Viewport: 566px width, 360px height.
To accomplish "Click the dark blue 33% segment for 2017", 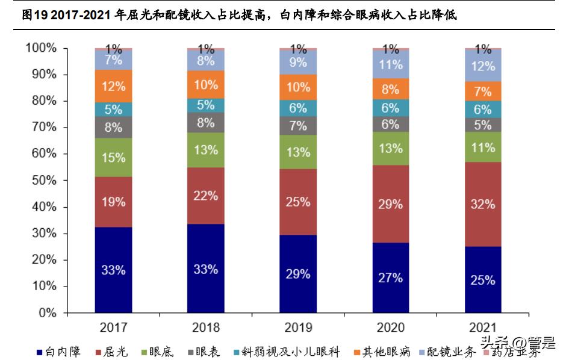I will pyautogui.click(x=113, y=270).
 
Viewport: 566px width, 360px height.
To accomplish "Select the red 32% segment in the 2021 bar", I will pyautogui.click(x=483, y=204).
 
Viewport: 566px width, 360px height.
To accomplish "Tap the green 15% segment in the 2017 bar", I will pyautogui.click(x=113, y=158).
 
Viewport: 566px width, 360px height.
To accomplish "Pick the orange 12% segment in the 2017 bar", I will pyautogui.click(x=113, y=86).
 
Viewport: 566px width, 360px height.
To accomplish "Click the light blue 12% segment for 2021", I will pyautogui.click(x=483, y=66).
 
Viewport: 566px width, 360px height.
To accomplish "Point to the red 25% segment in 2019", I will pyautogui.click(x=298, y=202).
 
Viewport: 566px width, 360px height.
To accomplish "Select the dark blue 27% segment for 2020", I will pyautogui.click(x=390, y=278).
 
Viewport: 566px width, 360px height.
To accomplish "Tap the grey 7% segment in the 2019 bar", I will pyautogui.click(x=298, y=125).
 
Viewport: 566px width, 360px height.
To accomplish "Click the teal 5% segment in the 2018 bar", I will pyautogui.click(x=205, y=105).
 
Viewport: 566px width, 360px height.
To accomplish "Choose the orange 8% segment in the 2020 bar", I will pyautogui.click(x=390, y=89).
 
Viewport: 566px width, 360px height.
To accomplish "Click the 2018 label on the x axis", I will pyautogui.click(x=205, y=327).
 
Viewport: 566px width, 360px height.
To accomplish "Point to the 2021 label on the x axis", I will pyautogui.click(x=483, y=327).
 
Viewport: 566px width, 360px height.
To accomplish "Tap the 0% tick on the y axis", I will pyautogui.click(x=45, y=313).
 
